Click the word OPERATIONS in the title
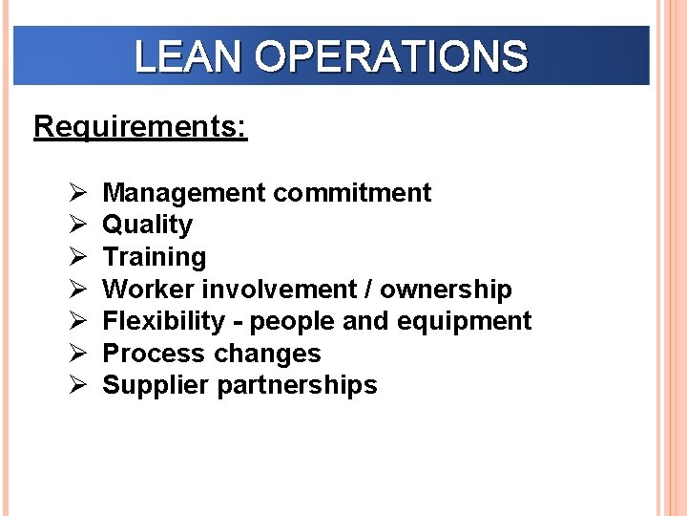(391, 57)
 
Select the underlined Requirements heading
(140, 127)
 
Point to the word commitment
(351, 193)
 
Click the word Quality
(148, 226)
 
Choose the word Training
(154, 258)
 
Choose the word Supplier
(156, 386)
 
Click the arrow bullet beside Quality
(78, 226)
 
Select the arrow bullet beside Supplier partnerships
(78, 386)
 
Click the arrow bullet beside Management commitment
(78, 193)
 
